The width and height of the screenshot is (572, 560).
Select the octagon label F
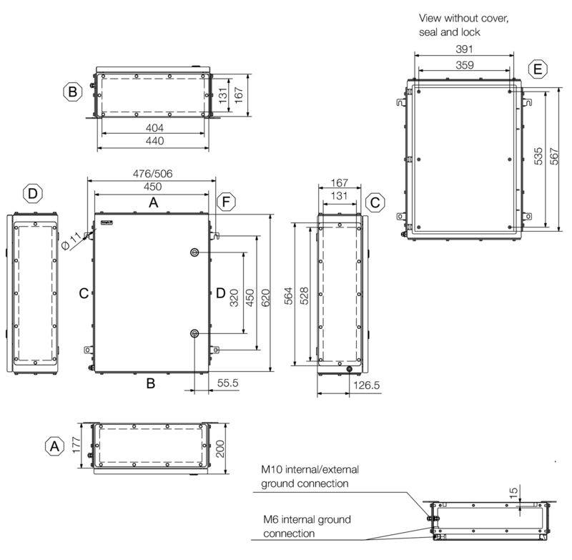point(225,202)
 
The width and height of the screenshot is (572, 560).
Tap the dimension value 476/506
point(152,174)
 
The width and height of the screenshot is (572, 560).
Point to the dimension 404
point(155,127)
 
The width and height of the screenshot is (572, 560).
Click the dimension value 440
point(155,141)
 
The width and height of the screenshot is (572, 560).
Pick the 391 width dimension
point(463,49)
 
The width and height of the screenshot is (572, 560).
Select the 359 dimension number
point(463,64)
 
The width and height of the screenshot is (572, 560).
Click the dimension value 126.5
point(366,385)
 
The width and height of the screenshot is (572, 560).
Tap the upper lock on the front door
point(194,253)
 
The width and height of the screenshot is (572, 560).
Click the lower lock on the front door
point(194,334)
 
